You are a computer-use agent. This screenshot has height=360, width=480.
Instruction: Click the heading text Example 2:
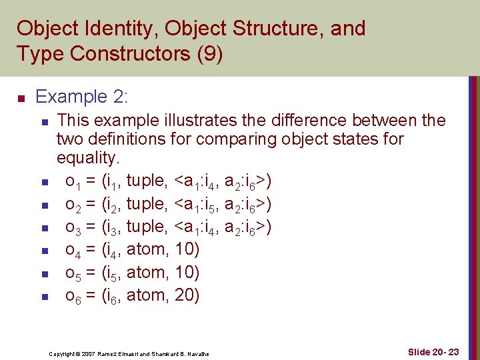point(81,97)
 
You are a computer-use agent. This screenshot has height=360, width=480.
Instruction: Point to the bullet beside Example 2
point(21,99)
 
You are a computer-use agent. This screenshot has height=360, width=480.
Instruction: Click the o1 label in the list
point(73,181)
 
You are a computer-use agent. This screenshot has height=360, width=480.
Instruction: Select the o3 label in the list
point(73,228)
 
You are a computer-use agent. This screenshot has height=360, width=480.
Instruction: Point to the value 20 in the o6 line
point(187,295)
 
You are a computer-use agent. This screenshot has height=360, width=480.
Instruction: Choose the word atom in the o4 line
point(147,250)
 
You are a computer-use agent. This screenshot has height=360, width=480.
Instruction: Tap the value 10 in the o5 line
point(187,273)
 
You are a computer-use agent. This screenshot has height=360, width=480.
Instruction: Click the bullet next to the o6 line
point(44,296)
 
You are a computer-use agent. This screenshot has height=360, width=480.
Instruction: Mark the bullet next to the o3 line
point(44,228)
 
